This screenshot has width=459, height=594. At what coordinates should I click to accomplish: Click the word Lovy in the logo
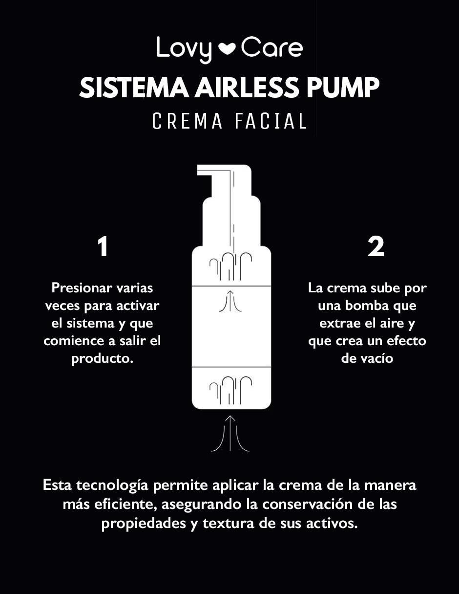click(184, 50)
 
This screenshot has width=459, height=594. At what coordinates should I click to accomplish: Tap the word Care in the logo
click(272, 47)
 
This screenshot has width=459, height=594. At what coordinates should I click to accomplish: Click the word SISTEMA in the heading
click(134, 88)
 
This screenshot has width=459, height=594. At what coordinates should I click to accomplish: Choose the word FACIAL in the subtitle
click(271, 121)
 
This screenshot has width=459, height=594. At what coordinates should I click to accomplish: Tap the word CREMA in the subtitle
click(187, 121)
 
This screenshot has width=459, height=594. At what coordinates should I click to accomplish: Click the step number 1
click(103, 247)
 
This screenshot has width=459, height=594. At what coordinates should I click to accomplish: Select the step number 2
click(376, 247)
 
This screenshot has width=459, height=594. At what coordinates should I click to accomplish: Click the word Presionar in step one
click(82, 288)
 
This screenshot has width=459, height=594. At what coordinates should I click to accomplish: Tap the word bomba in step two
click(367, 306)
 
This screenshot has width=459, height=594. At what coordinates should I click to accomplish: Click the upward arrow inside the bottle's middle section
click(230, 301)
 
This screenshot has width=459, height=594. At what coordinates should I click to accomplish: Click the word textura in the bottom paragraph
click(229, 525)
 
